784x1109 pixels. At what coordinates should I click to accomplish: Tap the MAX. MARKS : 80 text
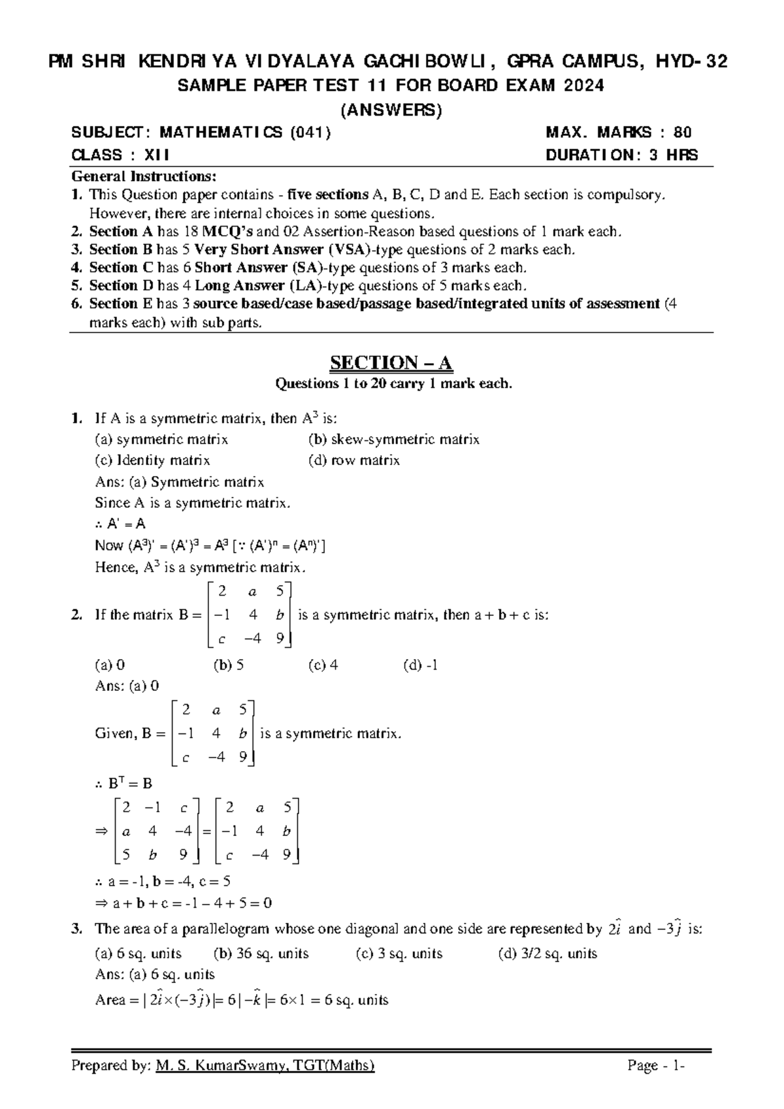coord(619,133)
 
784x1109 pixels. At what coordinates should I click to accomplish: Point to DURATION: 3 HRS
coord(621,155)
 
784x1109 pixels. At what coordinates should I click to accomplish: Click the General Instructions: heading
coord(143,176)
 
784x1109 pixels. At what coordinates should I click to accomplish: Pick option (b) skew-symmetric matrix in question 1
coord(393,440)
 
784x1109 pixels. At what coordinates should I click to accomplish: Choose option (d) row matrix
coord(353,460)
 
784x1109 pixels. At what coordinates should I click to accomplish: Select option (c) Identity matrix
coord(152,460)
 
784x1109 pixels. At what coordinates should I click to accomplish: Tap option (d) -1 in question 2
coord(421,665)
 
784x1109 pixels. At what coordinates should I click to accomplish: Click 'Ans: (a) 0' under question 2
coord(127,686)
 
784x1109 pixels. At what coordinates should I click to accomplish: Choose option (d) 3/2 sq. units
coord(547,954)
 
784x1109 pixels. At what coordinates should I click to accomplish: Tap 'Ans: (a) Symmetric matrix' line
coord(179,482)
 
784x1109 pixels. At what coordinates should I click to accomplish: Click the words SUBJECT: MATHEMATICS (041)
coord(201,133)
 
